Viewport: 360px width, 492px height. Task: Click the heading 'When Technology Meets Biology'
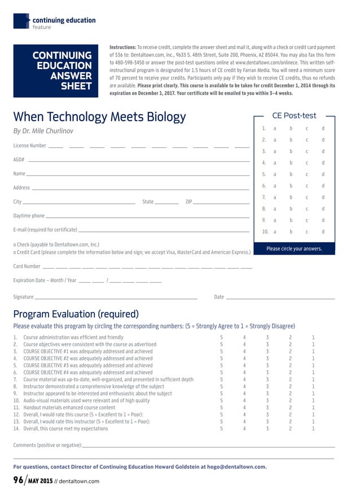click(99, 117)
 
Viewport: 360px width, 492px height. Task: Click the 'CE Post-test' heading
click(294, 116)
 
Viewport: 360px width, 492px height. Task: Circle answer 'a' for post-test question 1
click(275, 129)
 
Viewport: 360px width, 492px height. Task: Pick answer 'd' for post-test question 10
click(323, 231)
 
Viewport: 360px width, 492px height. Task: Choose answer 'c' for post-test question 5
click(307, 174)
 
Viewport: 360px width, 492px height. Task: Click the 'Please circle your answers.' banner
click(294, 248)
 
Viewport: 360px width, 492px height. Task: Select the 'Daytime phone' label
click(29, 216)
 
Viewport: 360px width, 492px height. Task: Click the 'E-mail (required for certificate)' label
click(45, 230)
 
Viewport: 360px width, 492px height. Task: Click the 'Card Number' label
click(27, 266)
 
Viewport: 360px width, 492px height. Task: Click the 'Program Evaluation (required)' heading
click(76, 314)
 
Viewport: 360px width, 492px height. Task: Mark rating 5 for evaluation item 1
click(221, 337)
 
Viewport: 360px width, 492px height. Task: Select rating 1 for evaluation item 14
click(313, 429)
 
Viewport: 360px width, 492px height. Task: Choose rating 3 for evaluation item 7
click(267, 380)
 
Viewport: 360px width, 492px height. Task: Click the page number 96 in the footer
click(19, 480)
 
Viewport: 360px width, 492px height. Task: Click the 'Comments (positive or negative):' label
click(47, 445)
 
